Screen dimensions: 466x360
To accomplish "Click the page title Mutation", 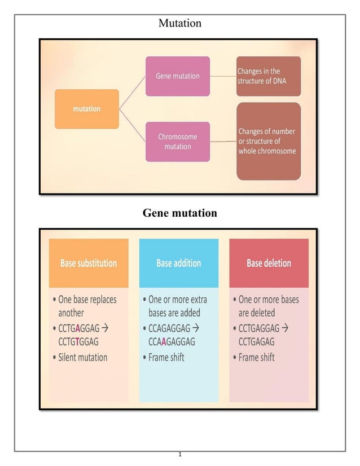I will point(179,23).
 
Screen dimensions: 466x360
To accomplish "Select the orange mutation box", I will point(86,109).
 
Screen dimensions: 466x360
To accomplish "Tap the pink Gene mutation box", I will point(177,76).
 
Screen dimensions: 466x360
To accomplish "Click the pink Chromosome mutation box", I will point(177,142).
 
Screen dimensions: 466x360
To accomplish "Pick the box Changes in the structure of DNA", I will point(268,76).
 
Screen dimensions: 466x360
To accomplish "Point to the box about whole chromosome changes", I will point(268,141).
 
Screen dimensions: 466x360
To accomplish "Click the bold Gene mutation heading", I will point(179,213).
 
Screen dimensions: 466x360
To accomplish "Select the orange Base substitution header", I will point(89,263).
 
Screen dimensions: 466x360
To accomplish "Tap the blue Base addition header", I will point(178,263).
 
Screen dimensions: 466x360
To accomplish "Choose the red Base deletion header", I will point(269,263).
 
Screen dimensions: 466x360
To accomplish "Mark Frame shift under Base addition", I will point(166,357).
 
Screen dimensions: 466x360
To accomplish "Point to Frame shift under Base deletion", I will point(256,357).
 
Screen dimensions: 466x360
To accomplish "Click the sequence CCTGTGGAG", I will point(78,342).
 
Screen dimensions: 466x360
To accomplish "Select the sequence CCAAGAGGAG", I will point(172,342).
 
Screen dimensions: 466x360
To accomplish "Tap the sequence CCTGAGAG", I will point(257,342).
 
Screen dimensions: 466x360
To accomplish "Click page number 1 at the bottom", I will point(179,455).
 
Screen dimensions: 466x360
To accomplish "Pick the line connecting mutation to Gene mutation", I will point(133,92).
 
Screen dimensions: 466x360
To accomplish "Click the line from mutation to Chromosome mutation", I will point(133,125).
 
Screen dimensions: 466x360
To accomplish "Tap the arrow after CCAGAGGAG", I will point(196,327).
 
